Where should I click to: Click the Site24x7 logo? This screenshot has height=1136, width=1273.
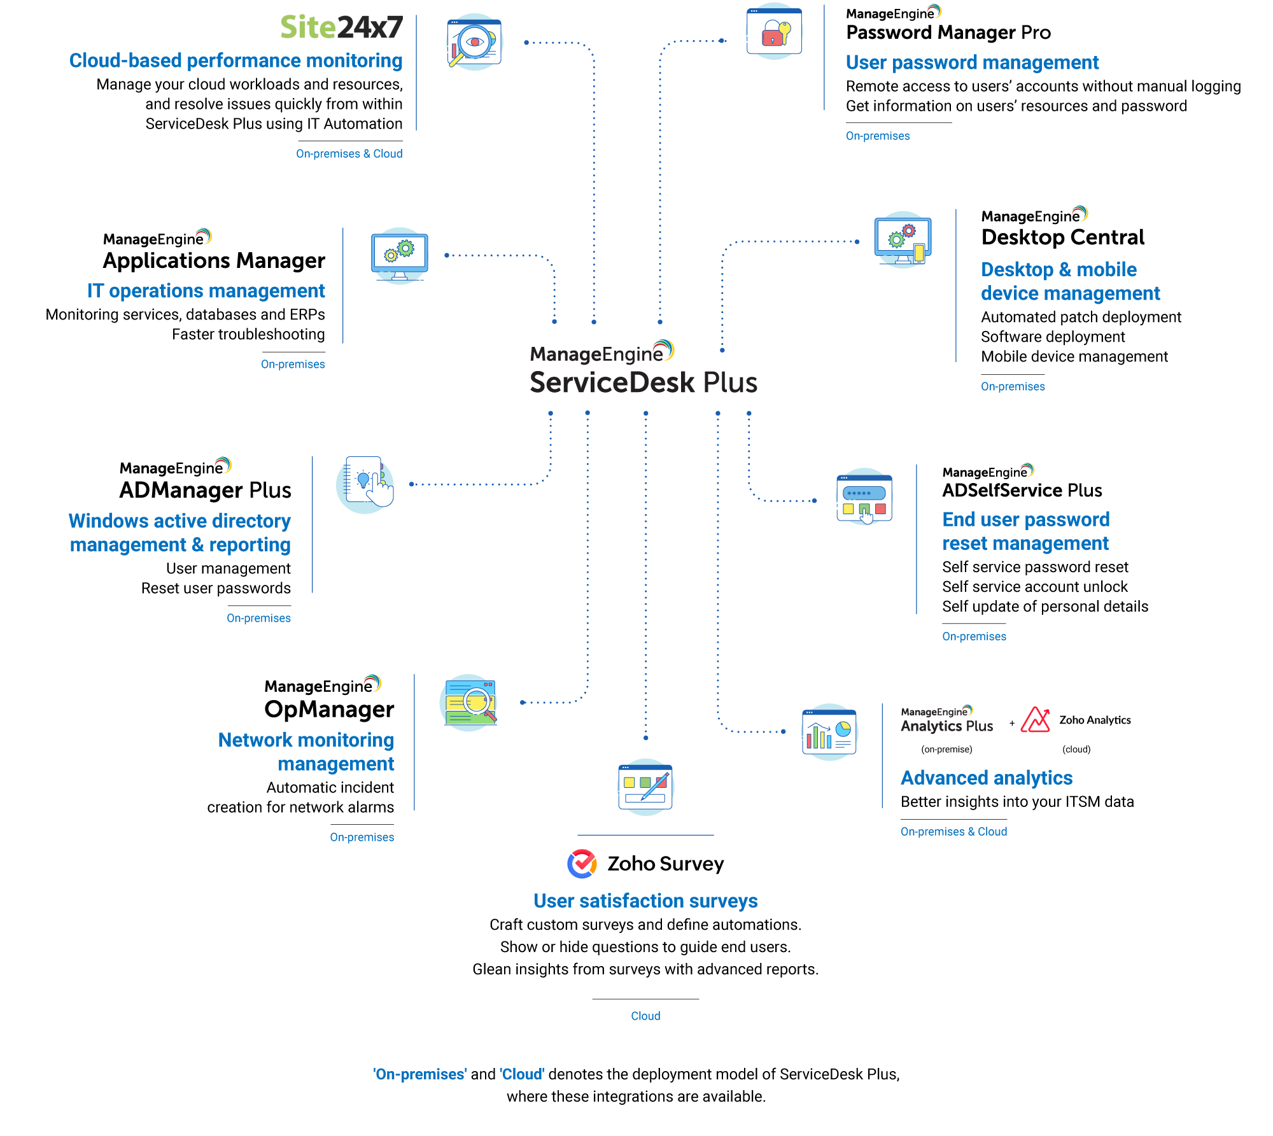click(341, 28)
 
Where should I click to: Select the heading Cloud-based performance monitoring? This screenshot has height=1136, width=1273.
click(236, 60)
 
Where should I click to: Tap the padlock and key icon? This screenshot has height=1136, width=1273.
click(774, 32)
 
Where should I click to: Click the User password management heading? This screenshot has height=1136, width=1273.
click(972, 62)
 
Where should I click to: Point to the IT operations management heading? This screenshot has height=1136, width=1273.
click(206, 291)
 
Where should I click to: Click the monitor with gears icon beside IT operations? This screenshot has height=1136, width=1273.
click(400, 255)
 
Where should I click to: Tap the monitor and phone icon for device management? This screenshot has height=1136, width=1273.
click(903, 240)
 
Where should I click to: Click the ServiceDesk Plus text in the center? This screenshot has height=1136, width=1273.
click(644, 382)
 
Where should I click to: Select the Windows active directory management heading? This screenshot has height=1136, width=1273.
click(180, 533)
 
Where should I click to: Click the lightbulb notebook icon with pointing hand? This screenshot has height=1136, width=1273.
click(365, 484)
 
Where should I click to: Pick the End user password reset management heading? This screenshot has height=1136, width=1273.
click(1025, 531)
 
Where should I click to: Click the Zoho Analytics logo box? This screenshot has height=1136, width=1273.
click(1076, 720)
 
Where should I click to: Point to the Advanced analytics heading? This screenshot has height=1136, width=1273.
click(987, 778)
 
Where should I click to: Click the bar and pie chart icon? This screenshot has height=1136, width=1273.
click(829, 732)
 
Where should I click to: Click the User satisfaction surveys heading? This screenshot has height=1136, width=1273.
click(645, 901)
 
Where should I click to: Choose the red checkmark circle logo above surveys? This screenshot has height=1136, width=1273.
click(582, 864)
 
